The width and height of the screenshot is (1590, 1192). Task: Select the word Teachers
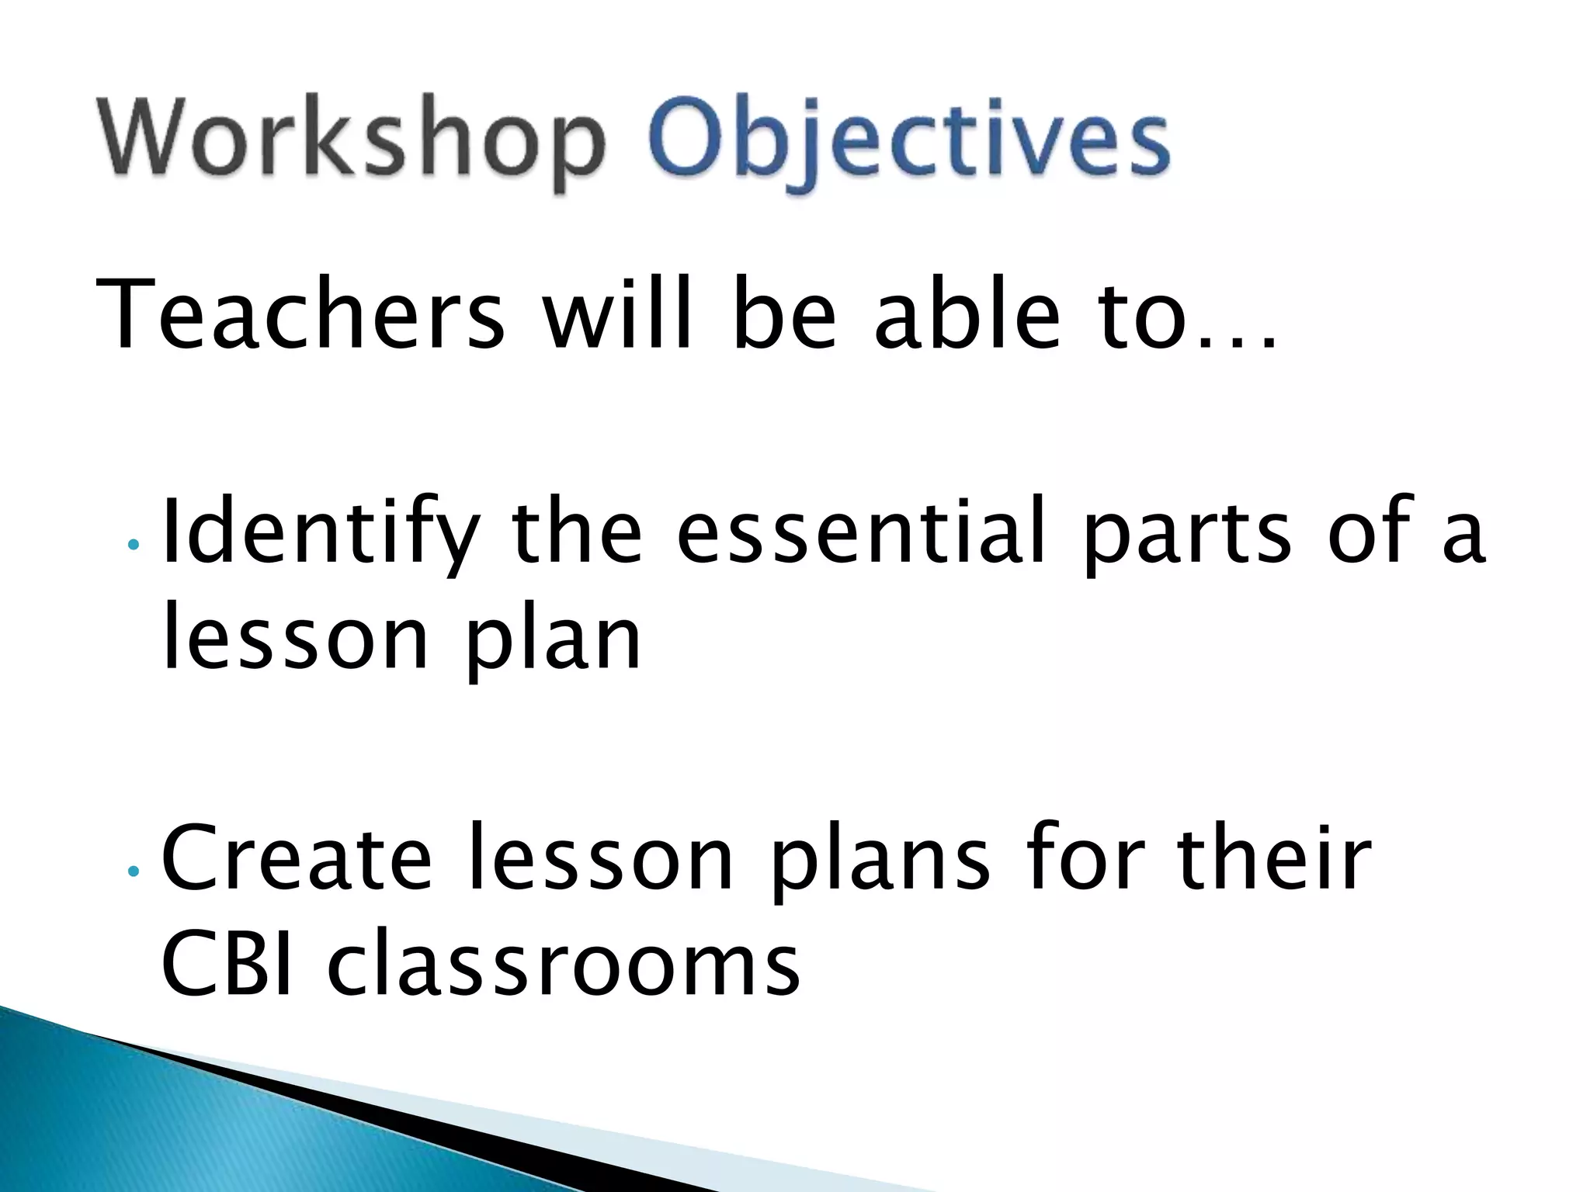tap(300, 314)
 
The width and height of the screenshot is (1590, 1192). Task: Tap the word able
tap(967, 314)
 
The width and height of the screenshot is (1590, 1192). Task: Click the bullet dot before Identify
tap(134, 545)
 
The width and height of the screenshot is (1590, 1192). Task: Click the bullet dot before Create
tap(134, 871)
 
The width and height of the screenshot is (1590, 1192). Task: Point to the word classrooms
tap(563, 965)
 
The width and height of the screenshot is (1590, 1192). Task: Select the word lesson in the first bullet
tap(295, 640)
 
